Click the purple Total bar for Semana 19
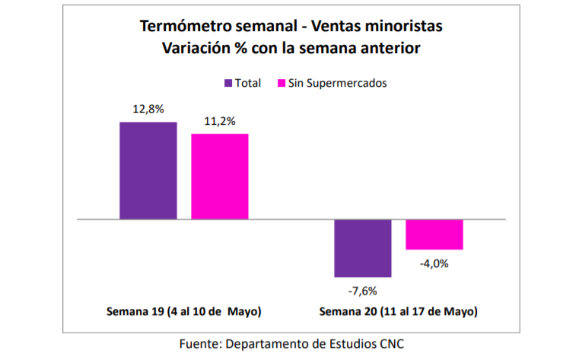(x=148, y=170)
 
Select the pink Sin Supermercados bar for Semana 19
(x=219, y=177)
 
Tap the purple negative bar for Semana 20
(x=362, y=248)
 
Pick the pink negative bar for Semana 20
(x=434, y=234)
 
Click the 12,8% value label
(x=148, y=109)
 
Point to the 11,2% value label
(x=219, y=120)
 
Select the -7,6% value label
(x=362, y=290)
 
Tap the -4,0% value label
(x=434, y=263)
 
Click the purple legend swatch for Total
(x=227, y=82)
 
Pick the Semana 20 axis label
(x=398, y=311)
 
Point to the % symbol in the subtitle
(x=249, y=48)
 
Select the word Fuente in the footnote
(x=199, y=344)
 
